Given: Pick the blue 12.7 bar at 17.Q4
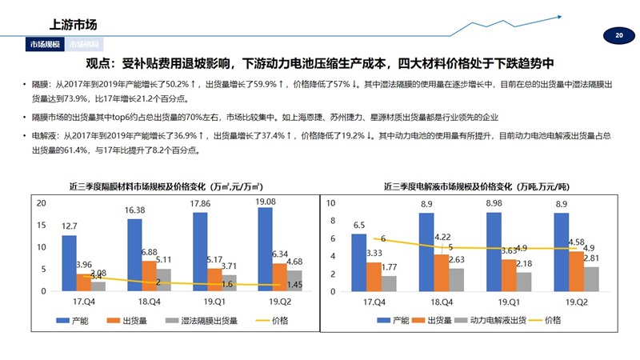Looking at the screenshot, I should (x=69, y=263).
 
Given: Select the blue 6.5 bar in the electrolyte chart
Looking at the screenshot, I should (x=358, y=262).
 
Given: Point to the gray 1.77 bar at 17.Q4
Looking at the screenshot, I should (x=389, y=283).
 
